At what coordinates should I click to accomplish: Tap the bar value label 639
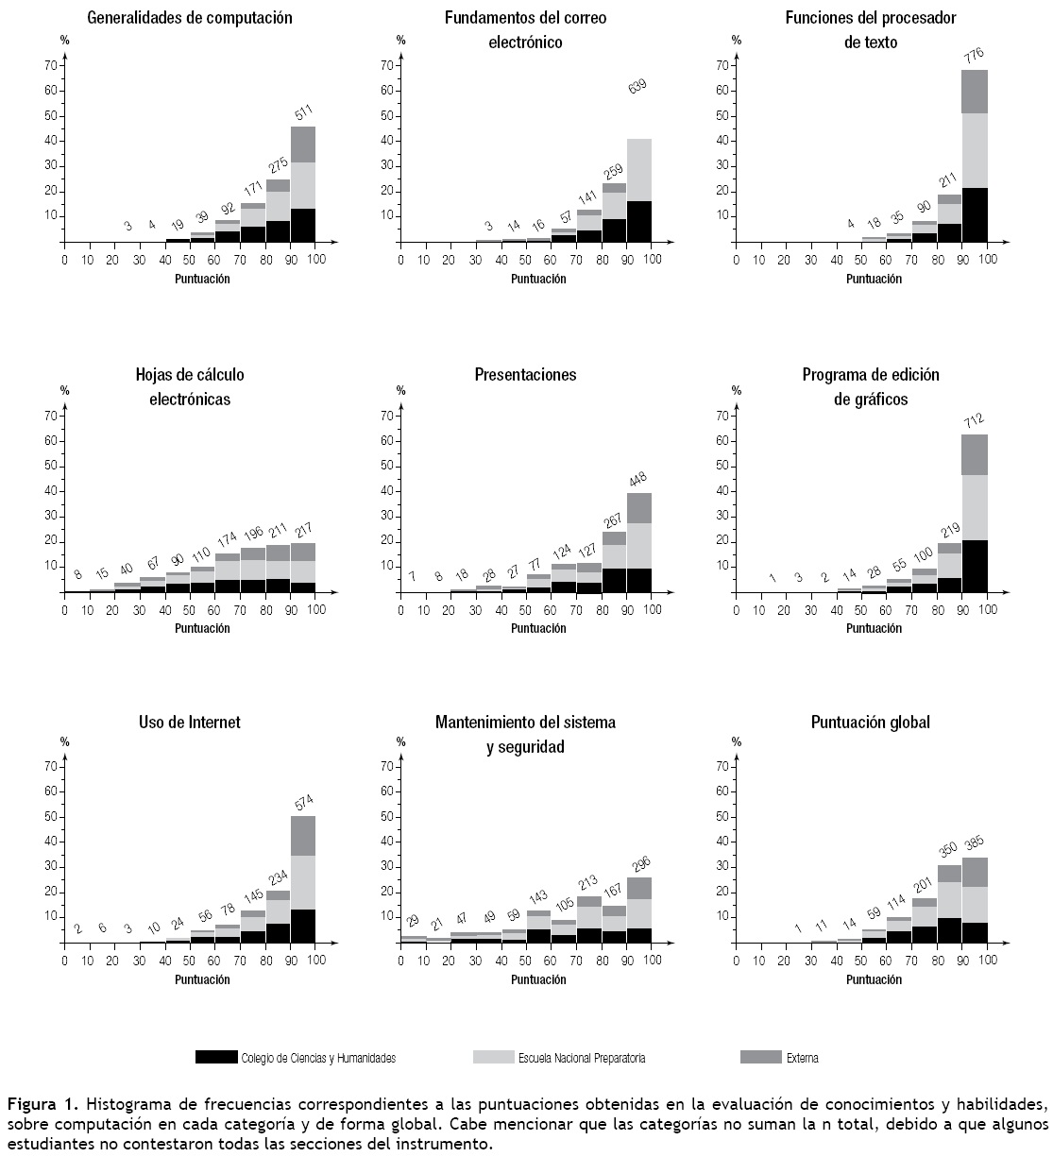(639, 88)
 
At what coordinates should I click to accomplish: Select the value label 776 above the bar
(975, 56)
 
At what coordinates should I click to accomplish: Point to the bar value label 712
(975, 420)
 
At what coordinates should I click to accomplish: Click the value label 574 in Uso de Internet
(303, 804)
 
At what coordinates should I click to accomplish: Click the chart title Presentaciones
(525, 375)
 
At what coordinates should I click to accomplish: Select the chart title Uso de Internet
(190, 723)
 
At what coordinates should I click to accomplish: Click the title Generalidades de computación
(190, 18)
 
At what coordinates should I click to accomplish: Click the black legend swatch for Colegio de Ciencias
(216, 1057)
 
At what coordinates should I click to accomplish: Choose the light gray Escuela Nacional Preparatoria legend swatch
(493, 1057)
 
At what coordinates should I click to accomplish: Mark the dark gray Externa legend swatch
(761, 1057)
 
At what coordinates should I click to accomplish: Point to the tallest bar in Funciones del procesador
(975, 156)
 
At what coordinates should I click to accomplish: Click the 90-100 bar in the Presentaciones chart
(639, 542)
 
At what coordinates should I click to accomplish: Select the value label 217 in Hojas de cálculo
(303, 531)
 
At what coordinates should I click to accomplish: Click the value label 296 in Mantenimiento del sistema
(639, 864)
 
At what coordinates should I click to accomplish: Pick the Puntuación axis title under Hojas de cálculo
(202, 628)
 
